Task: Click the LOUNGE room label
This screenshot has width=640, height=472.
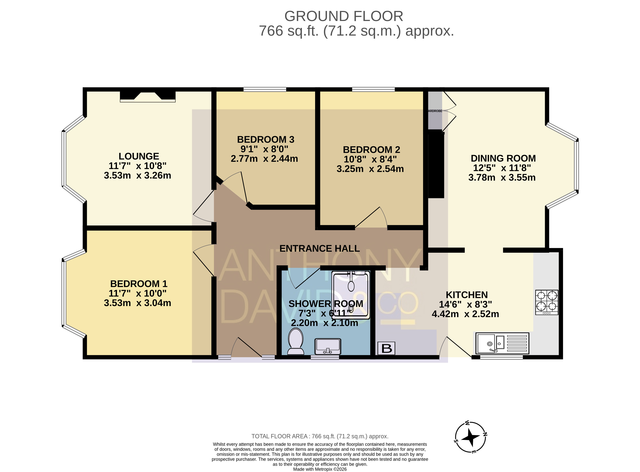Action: click(139, 156)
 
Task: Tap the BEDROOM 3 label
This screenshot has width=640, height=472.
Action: click(266, 139)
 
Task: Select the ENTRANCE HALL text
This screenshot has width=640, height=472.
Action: click(319, 248)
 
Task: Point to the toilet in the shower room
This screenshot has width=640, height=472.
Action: click(296, 341)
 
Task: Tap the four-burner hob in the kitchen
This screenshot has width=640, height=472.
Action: click(547, 302)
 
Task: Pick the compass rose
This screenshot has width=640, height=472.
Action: click(470, 437)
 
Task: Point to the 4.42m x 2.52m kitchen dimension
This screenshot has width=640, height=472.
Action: click(465, 314)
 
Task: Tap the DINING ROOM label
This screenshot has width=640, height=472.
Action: click(503, 158)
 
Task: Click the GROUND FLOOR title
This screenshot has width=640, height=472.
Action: click(344, 16)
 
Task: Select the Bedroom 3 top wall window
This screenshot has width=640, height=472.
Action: click(265, 89)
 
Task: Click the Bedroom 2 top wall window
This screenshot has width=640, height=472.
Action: click(373, 89)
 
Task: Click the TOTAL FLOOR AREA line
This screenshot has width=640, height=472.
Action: click(320, 436)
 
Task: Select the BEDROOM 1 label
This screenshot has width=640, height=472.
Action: click(139, 284)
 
